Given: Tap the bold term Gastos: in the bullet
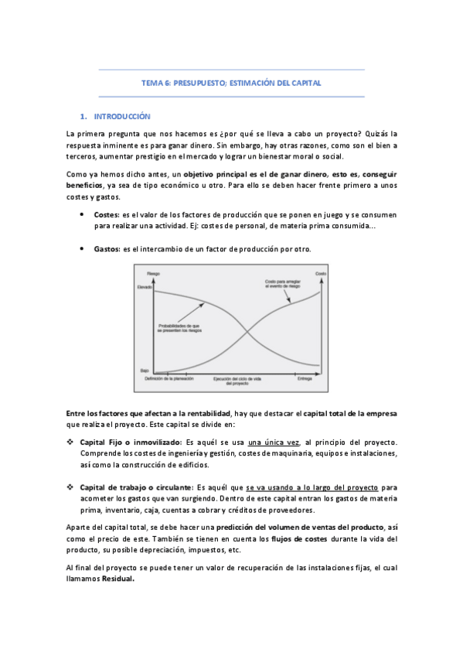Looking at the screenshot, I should (x=107, y=248).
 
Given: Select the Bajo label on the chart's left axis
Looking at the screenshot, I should (x=145, y=371).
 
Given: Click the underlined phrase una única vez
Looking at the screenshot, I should (x=277, y=442).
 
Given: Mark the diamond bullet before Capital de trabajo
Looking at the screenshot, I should (x=71, y=488).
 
